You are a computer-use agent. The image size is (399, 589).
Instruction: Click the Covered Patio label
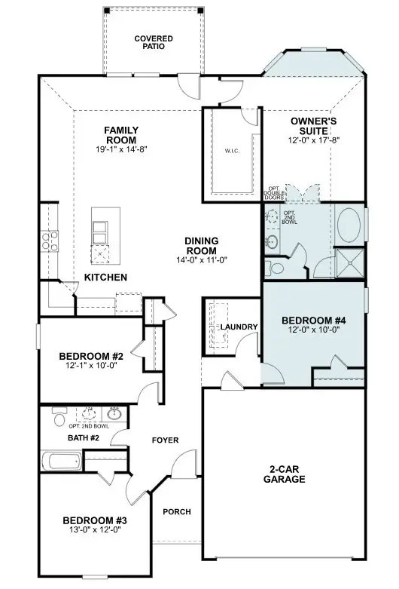pos(154,42)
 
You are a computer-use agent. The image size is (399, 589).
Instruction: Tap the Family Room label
pos(120,135)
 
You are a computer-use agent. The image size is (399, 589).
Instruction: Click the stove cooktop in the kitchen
pos(50,241)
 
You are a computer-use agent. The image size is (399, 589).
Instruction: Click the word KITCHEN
pos(105,278)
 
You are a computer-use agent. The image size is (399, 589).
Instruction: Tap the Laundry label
pos(239,327)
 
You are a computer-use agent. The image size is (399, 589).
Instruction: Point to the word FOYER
pos(165,440)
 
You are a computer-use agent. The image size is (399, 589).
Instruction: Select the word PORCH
pos(177,512)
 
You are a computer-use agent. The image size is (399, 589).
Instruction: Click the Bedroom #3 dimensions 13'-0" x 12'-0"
pos(93,531)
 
